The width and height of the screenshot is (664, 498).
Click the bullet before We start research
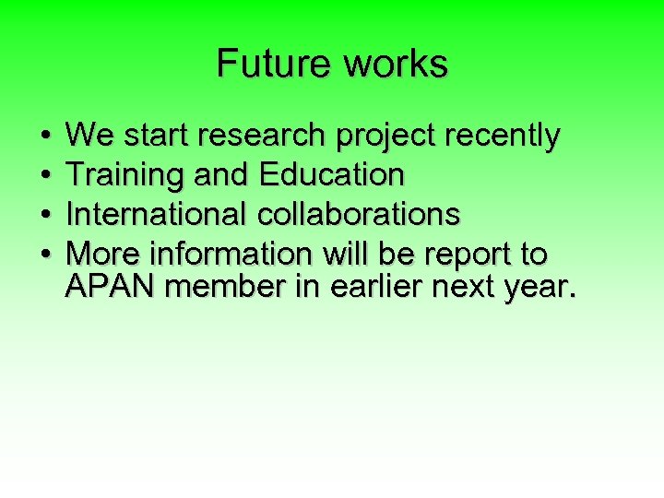46,137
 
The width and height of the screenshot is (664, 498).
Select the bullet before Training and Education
46,176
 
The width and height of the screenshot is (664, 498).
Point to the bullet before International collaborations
46,215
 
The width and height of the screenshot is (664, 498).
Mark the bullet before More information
46,254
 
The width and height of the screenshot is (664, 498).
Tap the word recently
503,137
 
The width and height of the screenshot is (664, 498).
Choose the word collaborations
359,214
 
